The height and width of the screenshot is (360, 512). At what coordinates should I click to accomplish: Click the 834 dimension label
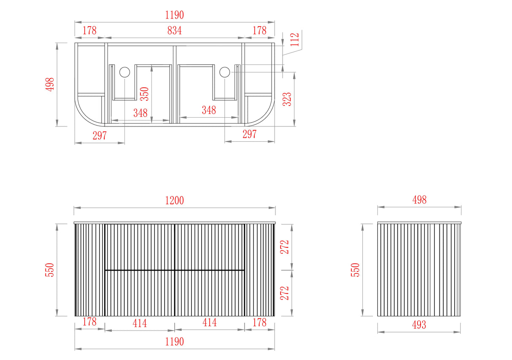(x=175, y=30)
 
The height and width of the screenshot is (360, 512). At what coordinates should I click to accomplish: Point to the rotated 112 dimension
(x=295, y=40)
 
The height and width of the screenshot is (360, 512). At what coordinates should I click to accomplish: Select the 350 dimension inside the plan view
(x=144, y=94)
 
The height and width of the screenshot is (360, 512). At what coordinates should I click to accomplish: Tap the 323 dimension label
(x=287, y=99)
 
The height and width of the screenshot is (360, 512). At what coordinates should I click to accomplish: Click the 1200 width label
(x=175, y=200)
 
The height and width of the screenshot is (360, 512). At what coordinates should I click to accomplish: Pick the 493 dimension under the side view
(x=419, y=325)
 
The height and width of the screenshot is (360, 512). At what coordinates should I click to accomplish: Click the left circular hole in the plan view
(x=124, y=72)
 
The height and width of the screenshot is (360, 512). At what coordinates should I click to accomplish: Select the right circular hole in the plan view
(x=225, y=72)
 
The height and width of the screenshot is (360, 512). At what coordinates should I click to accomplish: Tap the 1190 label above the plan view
(x=175, y=15)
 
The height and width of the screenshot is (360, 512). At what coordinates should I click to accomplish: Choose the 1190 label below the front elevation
(x=175, y=342)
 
